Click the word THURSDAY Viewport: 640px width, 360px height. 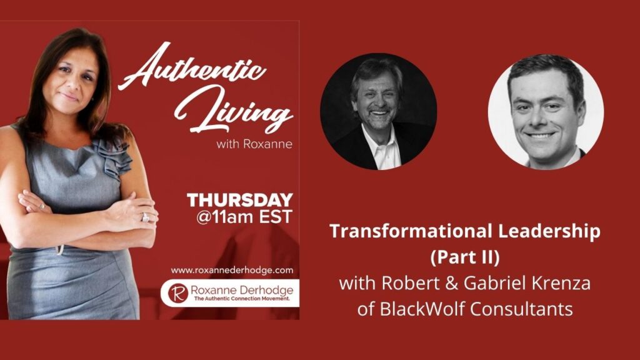pos(240,200)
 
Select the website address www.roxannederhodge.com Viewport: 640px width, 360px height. pos(232,270)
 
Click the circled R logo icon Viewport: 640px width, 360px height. pos(178,293)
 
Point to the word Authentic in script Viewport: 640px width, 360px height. pos(192,67)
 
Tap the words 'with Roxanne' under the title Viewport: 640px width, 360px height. pos(254,144)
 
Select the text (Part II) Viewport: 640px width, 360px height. pos(465,257)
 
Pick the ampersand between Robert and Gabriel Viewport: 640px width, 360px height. pos(451,283)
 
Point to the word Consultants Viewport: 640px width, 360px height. pos(522,309)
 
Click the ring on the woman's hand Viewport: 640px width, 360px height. pos(145,217)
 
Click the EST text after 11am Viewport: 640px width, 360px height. pos(276,217)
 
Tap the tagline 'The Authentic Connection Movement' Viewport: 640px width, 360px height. pos(242,299)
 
